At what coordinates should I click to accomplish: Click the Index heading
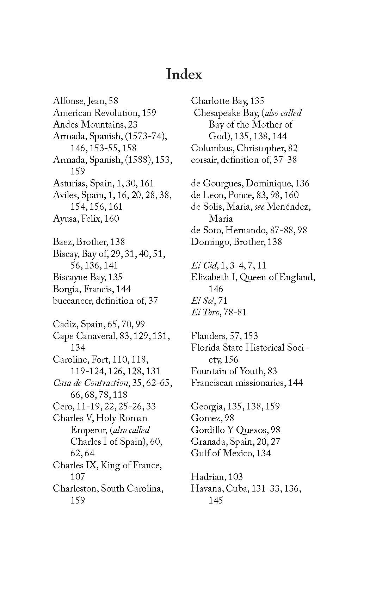pos(184,74)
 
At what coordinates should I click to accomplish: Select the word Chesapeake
pos(216,113)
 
